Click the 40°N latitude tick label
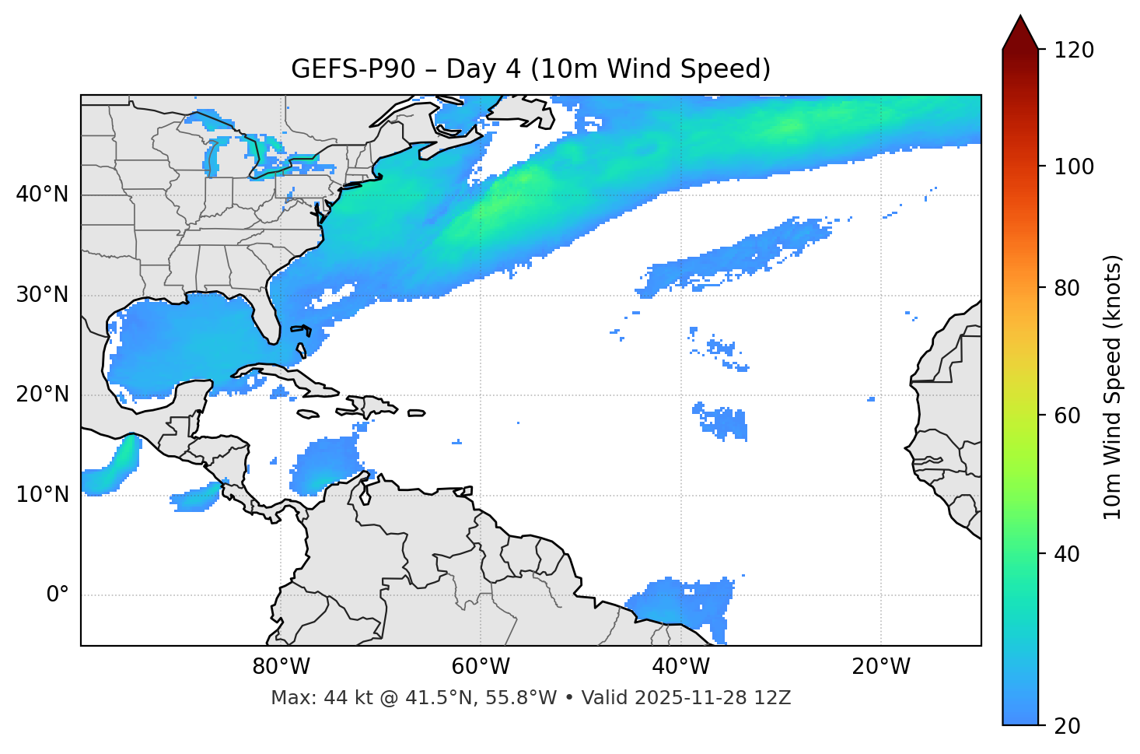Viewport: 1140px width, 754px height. tap(42, 195)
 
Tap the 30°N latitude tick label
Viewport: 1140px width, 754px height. tap(42, 295)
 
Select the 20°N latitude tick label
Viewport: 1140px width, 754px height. tap(42, 395)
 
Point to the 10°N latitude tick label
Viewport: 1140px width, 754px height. tap(42, 495)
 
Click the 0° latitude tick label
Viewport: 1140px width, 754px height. tap(58, 595)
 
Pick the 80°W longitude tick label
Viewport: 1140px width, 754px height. tap(281, 667)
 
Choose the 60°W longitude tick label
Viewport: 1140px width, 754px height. tap(481, 667)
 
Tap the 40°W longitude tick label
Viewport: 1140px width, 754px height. tap(681, 667)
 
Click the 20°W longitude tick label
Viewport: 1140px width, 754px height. tap(881, 667)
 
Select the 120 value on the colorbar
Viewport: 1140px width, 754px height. tap(1074, 51)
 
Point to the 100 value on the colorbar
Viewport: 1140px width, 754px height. tap(1074, 167)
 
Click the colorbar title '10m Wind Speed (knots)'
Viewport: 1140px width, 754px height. tap(1113, 388)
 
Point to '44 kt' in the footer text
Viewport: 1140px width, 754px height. tap(340, 698)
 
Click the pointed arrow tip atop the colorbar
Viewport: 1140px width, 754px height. tap(1020, 17)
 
